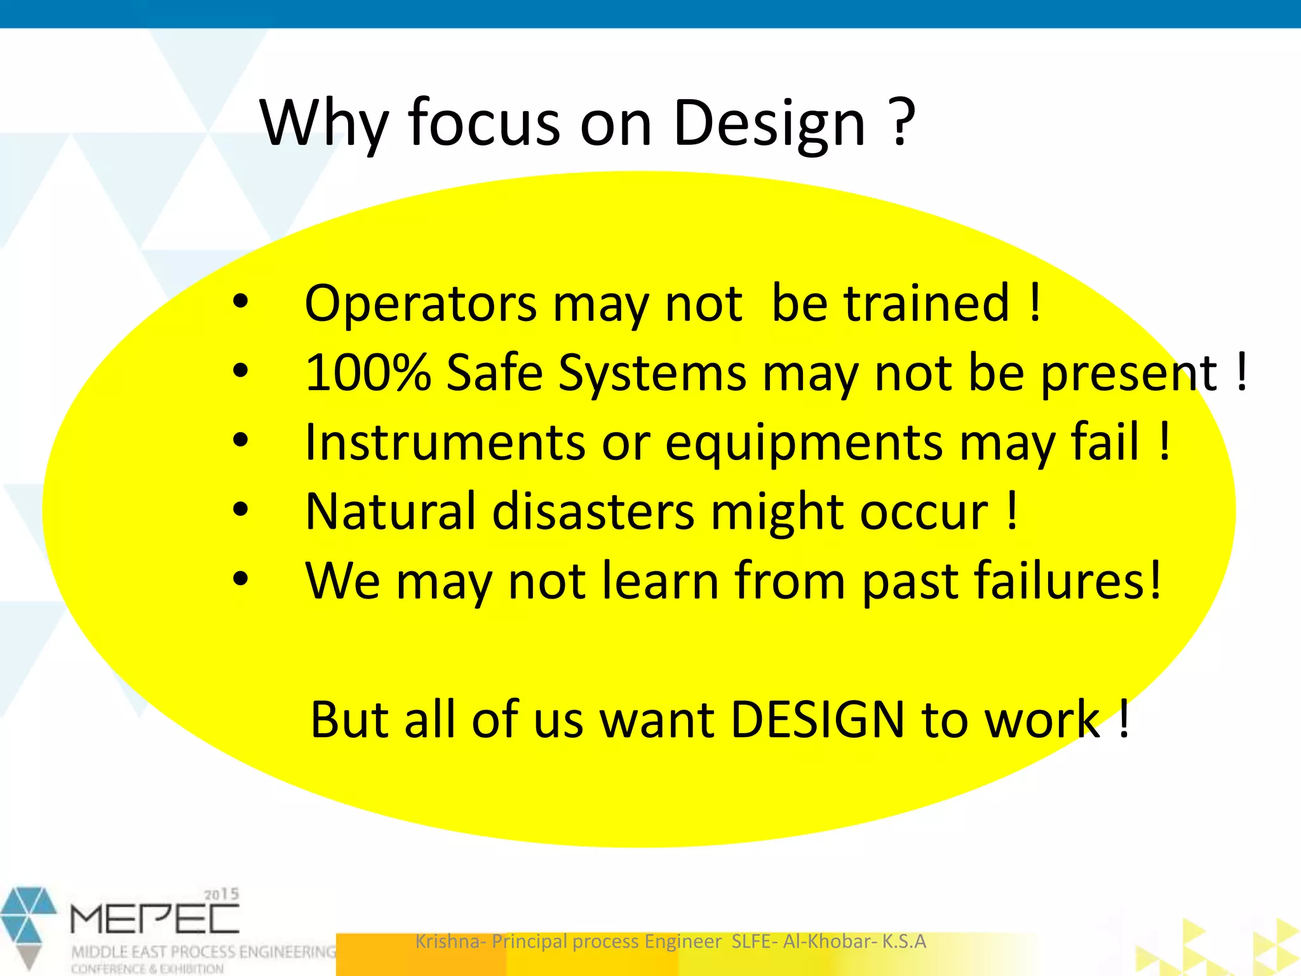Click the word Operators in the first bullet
click(421, 304)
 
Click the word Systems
click(652, 374)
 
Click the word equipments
click(804, 444)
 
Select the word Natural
click(390, 512)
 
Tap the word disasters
click(593, 512)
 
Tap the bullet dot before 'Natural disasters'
click(240, 509)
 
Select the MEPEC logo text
click(154, 919)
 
